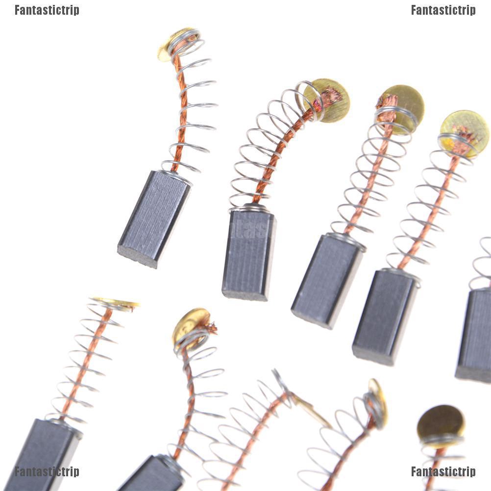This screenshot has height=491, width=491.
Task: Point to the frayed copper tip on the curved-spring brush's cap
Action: (x=332, y=94)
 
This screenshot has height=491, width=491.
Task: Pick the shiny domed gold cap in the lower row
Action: (x=191, y=324)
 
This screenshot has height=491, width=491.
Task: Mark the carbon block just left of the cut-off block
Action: (x=385, y=316)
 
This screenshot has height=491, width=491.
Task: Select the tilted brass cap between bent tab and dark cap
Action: (x=377, y=402)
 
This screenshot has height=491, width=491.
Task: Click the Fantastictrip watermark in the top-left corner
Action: (x=47, y=10)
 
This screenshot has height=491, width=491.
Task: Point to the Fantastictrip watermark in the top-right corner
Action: (x=443, y=10)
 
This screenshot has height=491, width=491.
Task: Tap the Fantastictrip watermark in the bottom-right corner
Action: (x=443, y=471)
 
